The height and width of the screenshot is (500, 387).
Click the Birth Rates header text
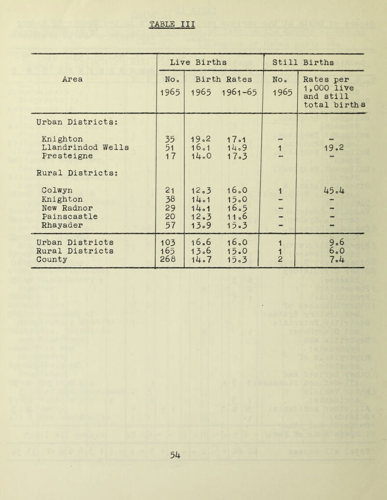pos(223,78)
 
